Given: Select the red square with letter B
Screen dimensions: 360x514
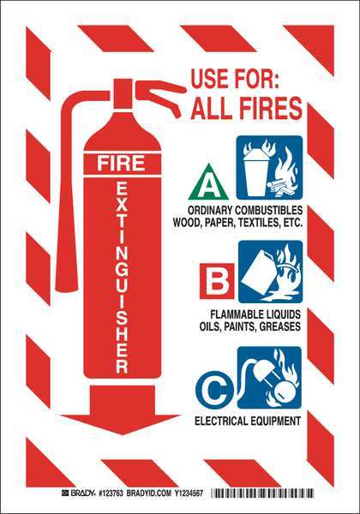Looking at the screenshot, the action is click(x=217, y=281).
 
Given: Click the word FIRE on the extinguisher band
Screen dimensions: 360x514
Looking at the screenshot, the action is click(x=121, y=164).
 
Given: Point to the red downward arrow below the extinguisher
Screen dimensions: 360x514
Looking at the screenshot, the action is click(x=120, y=409).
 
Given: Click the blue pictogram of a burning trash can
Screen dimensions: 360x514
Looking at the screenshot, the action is click(x=269, y=168).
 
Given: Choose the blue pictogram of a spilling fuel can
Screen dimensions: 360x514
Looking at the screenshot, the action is click(x=271, y=272).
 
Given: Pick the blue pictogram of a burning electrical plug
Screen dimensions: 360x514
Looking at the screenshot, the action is click(x=269, y=378).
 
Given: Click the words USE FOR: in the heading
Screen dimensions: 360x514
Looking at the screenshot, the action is click(x=235, y=79).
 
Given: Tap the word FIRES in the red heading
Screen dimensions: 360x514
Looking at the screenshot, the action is click(x=270, y=108).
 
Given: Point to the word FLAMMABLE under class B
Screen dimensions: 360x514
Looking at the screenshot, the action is click(x=233, y=314).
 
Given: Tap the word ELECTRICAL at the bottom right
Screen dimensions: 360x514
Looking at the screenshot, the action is click(x=219, y=421).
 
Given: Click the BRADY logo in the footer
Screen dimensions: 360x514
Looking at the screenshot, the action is click(x=78, y=493).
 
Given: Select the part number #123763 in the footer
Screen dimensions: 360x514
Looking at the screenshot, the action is click(x=111, y=493).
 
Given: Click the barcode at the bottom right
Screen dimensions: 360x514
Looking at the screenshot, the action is click(x=262, y=493).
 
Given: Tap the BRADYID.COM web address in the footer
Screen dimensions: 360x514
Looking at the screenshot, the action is click(x=149, y=493).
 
